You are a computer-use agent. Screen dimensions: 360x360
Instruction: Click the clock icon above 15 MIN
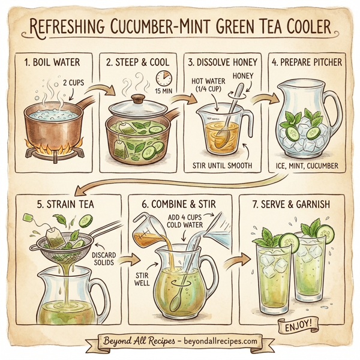(x=163, y=79)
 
